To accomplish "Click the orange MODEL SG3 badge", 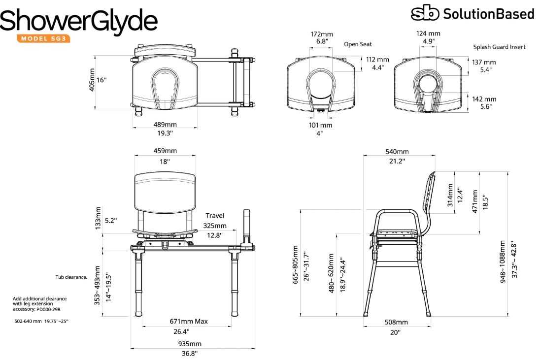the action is [x=43, y=38].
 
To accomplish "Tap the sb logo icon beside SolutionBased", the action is [x=425, y=13].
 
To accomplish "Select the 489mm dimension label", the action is [x=165, y=124].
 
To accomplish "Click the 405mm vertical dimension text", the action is [x=92, y=80].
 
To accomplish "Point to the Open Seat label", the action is [x=358, y=44].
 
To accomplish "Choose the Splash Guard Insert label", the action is [x=500, y=47].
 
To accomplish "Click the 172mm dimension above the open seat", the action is [x=322, y=34].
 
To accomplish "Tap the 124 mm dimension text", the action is [x=428, y=33].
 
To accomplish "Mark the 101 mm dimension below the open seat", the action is [x=320, y=125].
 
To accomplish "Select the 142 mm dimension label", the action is [x=484, y=99].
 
